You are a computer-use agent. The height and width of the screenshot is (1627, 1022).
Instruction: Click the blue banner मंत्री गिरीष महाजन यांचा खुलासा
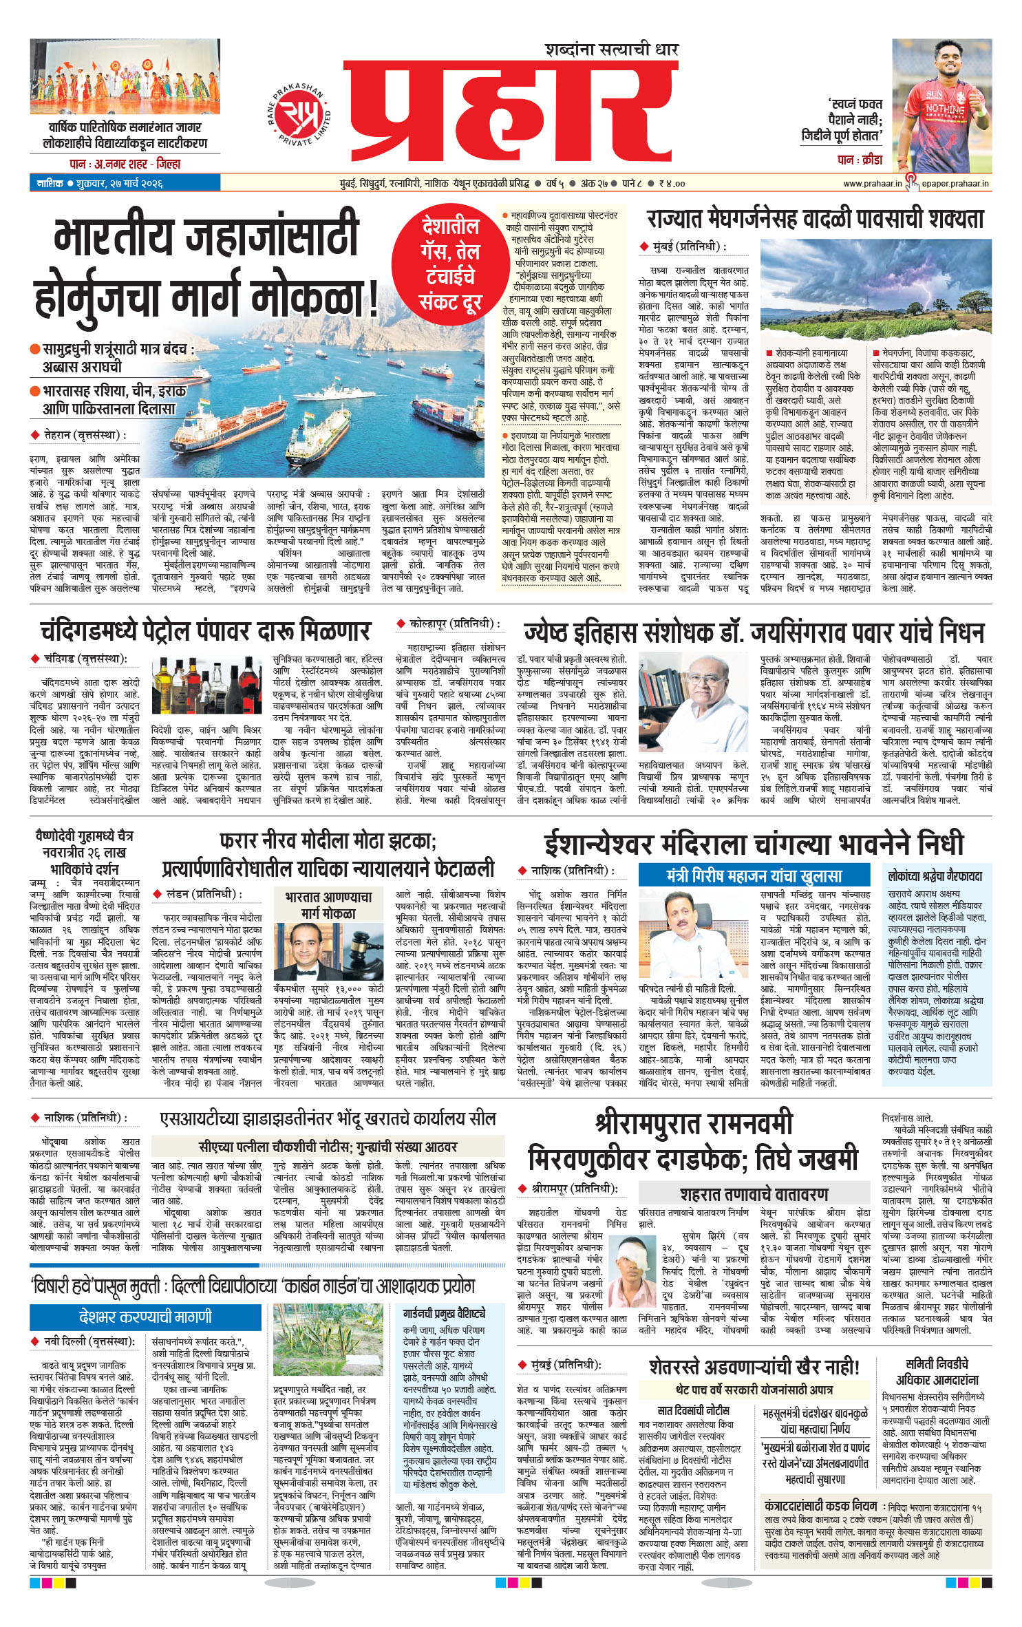coord(753,875)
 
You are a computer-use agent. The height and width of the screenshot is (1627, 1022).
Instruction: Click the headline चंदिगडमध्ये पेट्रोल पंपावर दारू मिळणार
coord(205,631)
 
